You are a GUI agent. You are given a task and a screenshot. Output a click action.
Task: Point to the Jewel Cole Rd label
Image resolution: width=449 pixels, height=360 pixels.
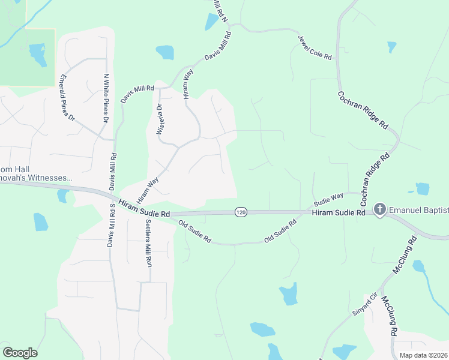pos(315,47)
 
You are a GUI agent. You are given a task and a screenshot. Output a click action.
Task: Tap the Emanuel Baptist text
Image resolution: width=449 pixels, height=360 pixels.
pos(419,209)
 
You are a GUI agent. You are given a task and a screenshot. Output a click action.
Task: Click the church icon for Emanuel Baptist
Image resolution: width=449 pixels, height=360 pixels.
pos(379,209)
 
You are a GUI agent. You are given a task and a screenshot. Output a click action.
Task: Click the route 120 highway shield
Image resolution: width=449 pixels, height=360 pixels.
pos(241,212)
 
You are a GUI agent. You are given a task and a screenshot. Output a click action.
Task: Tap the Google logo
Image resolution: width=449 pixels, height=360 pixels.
pos(20,353)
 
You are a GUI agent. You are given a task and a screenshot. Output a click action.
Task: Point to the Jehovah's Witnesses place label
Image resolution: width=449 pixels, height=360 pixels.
pos(36,178)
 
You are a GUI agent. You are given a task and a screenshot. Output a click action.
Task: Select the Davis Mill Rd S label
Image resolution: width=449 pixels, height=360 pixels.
pos(111,225)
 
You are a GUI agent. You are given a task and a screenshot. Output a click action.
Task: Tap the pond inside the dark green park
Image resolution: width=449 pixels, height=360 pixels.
pos(38,55)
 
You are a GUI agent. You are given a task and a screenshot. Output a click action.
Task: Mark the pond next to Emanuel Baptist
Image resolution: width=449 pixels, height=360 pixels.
pos(422,189)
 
